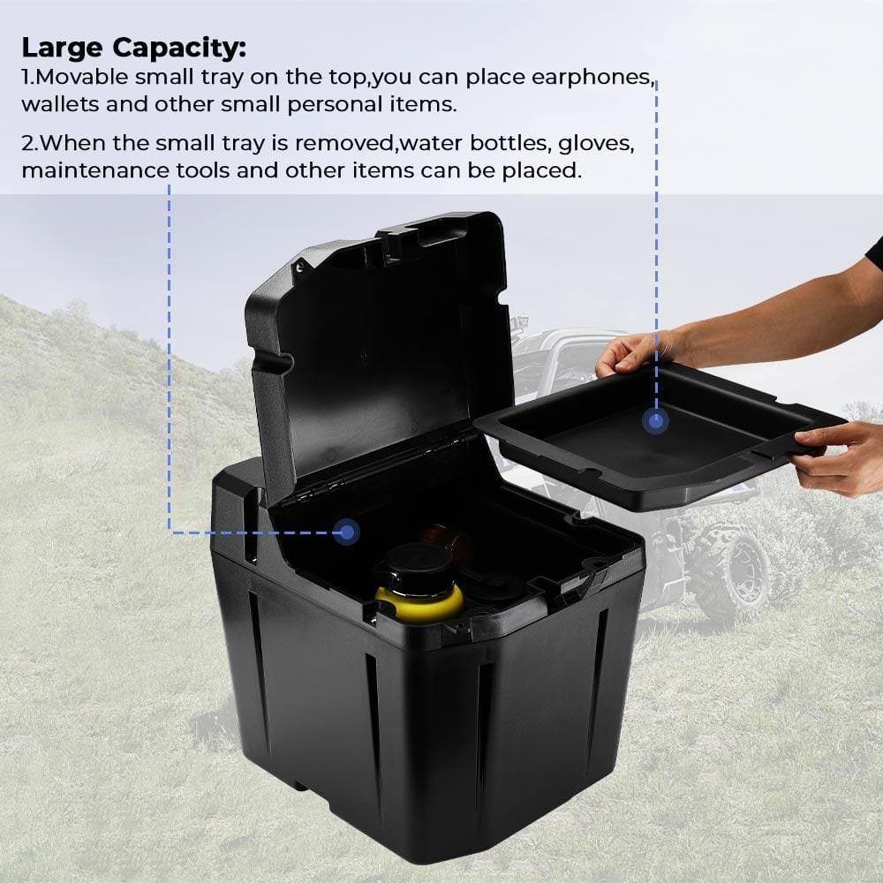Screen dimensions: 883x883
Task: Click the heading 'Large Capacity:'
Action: pyautogui.click(x=134, y=46)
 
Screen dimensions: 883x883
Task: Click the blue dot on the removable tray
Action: pyautogui.click(x=655, y=421)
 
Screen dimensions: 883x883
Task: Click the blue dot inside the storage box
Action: pyautogui.click(x=347, y=532)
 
